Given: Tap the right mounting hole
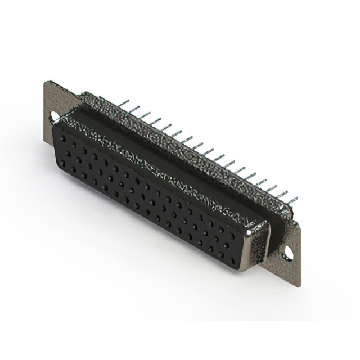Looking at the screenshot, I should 287,253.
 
